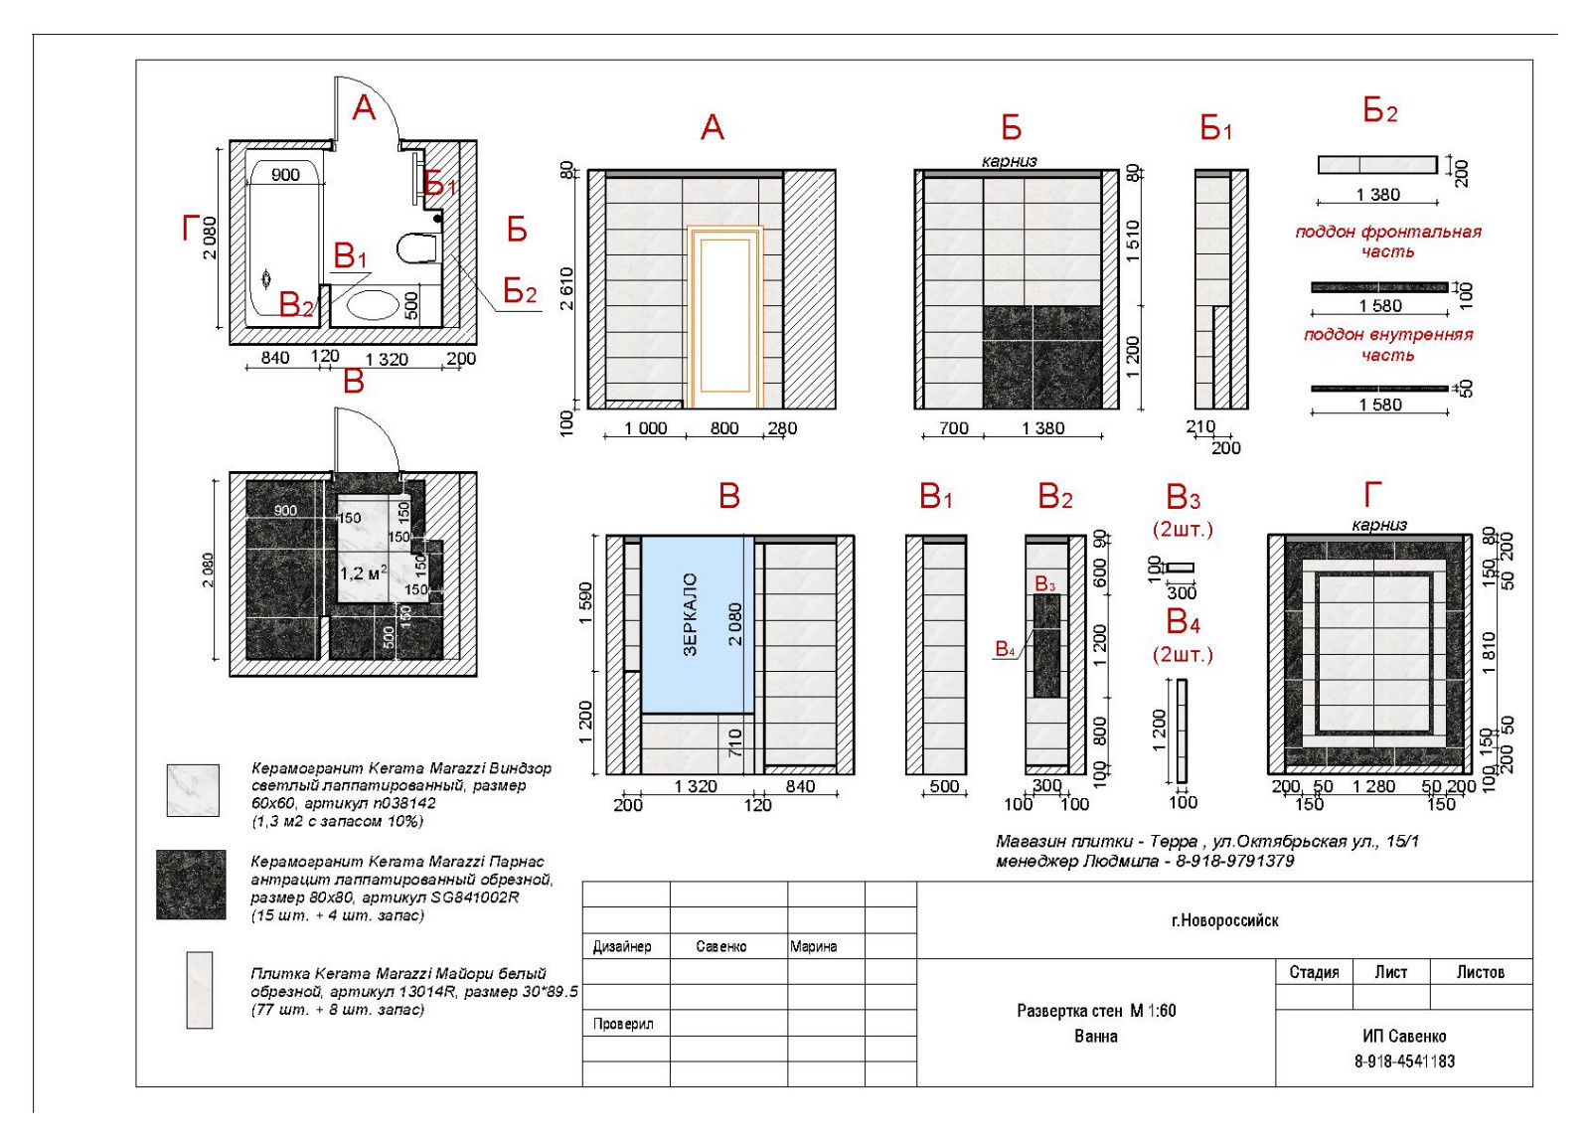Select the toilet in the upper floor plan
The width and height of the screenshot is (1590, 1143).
[417, 247]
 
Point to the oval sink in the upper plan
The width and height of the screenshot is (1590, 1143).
[373, 304]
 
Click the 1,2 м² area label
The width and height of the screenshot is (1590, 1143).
[363, 573]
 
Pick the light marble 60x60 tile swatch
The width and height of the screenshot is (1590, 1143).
[193, 790]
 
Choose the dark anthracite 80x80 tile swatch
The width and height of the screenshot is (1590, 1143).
[191, 885]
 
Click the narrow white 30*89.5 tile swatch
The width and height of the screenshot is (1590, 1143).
[200, 990]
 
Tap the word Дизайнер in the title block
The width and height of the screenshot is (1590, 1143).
[622, 946]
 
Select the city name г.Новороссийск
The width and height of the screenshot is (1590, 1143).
[1224, 920]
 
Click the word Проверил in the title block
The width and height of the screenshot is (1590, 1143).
[623, 1024]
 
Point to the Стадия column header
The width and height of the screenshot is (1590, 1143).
[1314, 972]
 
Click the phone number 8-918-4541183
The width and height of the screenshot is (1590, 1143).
[1404, 1061]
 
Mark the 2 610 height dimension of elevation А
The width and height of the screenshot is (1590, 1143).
[567, 288]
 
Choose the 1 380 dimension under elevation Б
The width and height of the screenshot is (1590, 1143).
[1042, 428]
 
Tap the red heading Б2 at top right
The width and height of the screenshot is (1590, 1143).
[1379, 111]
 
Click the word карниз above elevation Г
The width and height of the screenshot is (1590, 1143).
[1379, 525]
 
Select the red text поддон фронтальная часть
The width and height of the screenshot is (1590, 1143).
[1388, 242]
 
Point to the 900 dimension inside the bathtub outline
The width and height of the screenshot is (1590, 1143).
[285, 175]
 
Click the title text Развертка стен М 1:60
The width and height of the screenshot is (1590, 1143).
[1096, 1011]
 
